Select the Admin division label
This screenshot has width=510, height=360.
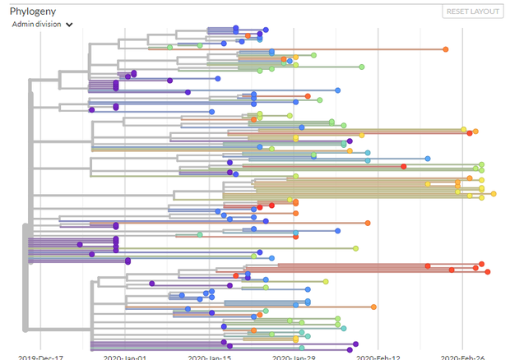pos(36,25)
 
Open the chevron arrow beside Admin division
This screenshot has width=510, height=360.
pos(70,25)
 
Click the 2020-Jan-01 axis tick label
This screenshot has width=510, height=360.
pos(125,357)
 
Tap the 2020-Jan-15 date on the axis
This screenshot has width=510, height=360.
pos(210,357)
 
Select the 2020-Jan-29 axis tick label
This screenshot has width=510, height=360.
pos(294,357)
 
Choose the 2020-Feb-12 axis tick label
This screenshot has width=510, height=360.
pos(378,357)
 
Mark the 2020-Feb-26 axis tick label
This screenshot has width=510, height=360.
pos(462,357)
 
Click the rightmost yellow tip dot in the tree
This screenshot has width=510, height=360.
pos(494,194)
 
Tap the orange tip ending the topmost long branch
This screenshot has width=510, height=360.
pos(446,49)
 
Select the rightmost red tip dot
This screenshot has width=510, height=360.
pos(488,272)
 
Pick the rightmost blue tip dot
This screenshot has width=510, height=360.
pos(428,158)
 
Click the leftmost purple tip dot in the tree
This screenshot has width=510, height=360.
pos(80,244)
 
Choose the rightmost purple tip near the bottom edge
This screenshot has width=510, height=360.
pos(356,344)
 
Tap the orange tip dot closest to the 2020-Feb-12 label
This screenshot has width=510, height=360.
pos(373,307)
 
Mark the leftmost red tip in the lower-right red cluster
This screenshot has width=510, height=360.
pos(428,265)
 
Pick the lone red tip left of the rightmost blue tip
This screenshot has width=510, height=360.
pos(403,167)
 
